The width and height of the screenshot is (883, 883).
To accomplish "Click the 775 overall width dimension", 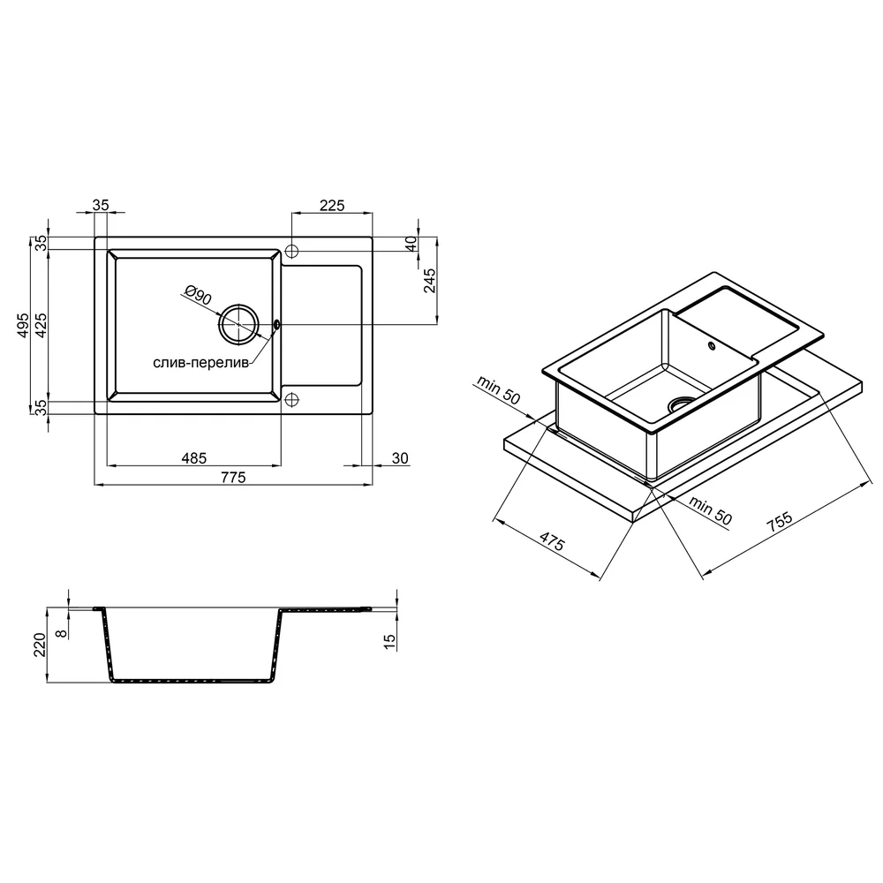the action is point(234,478).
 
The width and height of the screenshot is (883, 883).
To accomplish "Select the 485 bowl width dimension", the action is point(193,458).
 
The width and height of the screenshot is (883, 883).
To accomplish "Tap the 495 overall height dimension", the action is point(23,325).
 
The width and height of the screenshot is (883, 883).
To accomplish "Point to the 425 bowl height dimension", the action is point(42,325).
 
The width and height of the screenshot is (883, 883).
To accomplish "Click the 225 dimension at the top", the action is point(332,206).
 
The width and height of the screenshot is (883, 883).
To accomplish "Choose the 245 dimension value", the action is point(430,281).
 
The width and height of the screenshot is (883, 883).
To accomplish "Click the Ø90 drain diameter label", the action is point(198,295).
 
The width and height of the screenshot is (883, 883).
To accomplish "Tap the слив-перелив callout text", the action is point(201,363).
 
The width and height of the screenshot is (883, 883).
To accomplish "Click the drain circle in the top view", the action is point(238,325).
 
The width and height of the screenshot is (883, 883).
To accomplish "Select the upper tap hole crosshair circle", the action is point(291,251).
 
